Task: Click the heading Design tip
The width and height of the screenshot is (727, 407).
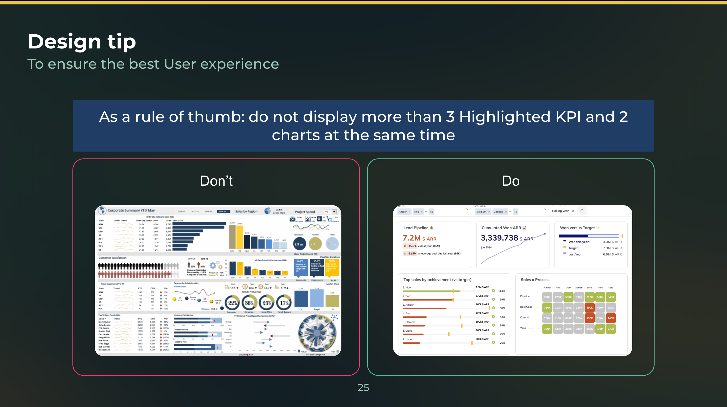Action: click(x=82, y=42)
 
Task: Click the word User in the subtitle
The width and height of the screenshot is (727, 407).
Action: click(x=180, y=64)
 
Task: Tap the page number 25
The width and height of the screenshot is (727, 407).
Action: click(x=363, y=387)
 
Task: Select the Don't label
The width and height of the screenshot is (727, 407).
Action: click(x=216, y=181)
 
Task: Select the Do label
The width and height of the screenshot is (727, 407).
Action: click(x=511, y=181)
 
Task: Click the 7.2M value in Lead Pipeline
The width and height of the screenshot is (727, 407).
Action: click(x=411, y=238)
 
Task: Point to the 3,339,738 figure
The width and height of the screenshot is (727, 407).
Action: click(x=499, y=238)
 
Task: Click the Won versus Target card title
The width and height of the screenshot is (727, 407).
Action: click(x=577, y=228)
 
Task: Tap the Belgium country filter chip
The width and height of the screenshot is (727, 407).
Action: click(x=481, y=212)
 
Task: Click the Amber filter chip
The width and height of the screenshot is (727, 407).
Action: click(x=403, y=212)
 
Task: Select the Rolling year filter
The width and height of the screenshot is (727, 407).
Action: click(x=560, y=211)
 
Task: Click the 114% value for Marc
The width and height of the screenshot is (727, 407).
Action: click(x=501, y=291)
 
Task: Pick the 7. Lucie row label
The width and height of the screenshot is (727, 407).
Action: click(x=407, y=339)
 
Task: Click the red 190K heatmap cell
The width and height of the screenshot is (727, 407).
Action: click(x=590, y=308)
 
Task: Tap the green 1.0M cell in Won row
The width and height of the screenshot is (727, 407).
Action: click(x=600, y=329)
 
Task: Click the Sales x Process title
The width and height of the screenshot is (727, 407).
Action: click(x=535, y=280)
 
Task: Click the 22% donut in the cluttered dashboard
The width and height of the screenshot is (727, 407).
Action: click(x=232, y=303)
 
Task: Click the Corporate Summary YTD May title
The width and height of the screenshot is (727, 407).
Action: click(x=131, y=210)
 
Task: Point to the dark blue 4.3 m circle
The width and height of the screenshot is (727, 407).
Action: click(x=299, y=244)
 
